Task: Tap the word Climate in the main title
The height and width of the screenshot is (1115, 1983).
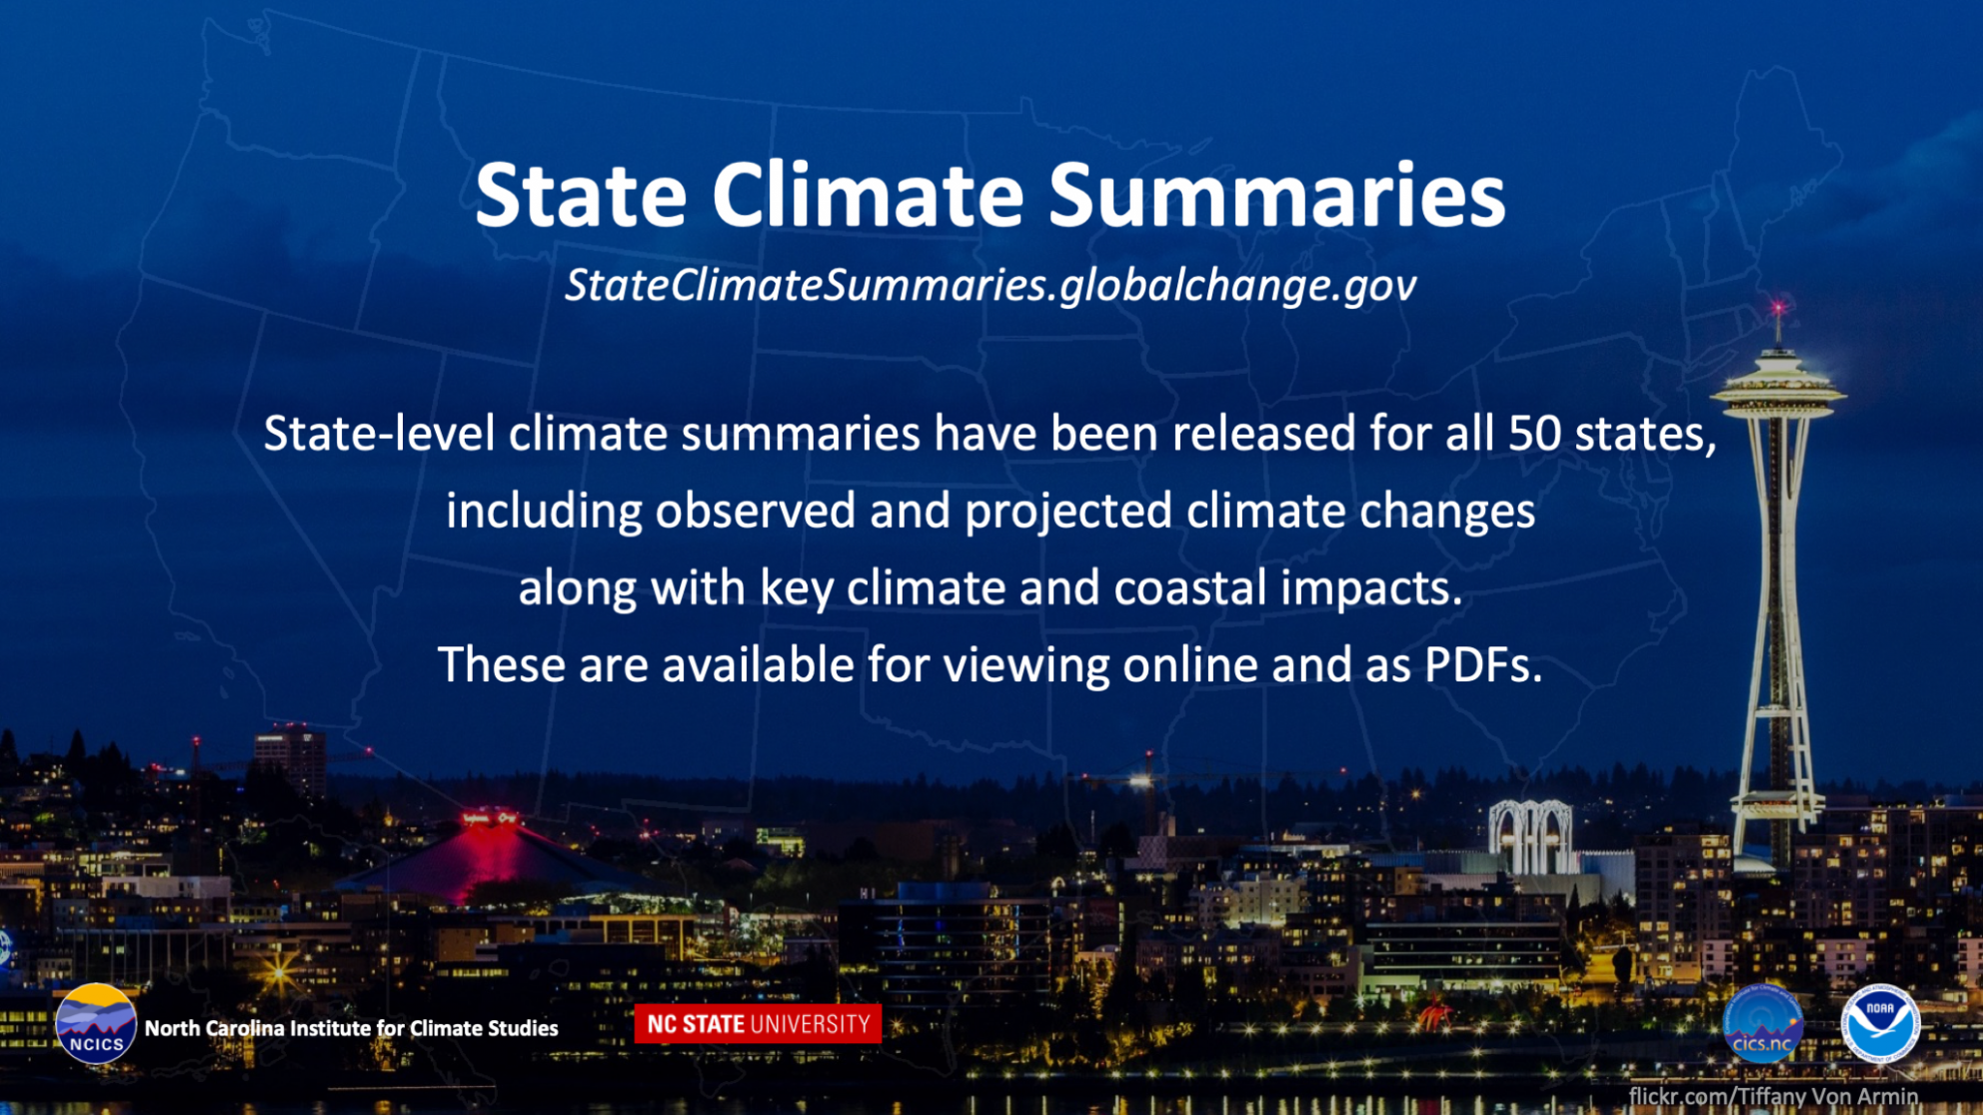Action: coord(868,195)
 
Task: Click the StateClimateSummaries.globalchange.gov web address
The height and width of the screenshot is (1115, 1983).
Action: coord(991,285)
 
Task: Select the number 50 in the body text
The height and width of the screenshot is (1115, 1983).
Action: coord(1534,434)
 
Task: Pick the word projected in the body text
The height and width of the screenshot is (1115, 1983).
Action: coord(1067,512)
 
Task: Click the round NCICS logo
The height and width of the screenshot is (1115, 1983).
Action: coord(96,1025)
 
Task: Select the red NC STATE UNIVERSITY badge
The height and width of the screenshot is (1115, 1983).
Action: coord(758,1024)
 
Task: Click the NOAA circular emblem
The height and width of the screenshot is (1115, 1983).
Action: coord(1880,1024)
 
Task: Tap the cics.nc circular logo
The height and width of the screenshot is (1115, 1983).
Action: coord(1762,1024)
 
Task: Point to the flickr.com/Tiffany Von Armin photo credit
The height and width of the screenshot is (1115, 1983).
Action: coord(1773,1096)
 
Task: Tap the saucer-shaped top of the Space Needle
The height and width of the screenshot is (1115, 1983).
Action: coord(1778,392)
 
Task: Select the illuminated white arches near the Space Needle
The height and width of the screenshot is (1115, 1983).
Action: coord(1530,837)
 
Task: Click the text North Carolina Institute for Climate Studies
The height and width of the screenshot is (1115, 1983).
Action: coord(351,1028)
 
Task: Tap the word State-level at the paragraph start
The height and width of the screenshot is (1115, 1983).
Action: coord(379,434)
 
